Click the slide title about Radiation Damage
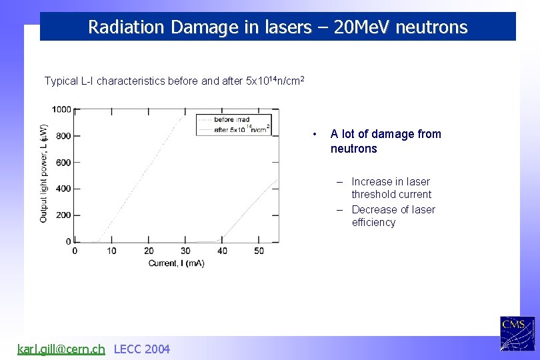[278, 27]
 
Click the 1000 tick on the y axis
[62, 109]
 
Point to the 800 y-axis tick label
[64, 136]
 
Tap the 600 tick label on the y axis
[64, 162]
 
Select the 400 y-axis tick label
[64, 189]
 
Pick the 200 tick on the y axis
[64, 215]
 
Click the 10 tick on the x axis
[111, 251]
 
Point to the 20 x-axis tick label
[149, 251]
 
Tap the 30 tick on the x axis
[185, 251]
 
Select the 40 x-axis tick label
[223, 251]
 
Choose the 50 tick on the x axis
[259, 251]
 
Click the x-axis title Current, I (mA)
[176, 263]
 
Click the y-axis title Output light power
[43, 173]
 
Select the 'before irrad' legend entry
[231, 119]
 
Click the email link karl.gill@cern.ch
[61, 349]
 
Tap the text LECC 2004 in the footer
[142, 349]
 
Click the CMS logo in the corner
[517, 333]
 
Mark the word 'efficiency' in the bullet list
[373, 223]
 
